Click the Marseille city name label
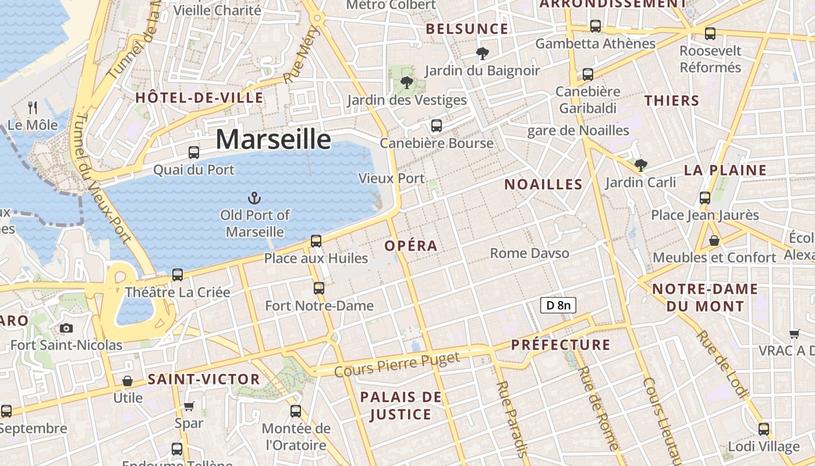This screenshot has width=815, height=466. tap(273, 140)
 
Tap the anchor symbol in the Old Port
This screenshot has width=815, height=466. tap(254, 198)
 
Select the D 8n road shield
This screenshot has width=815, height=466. tap(558, 305)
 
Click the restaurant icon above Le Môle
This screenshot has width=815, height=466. tap(33, 107)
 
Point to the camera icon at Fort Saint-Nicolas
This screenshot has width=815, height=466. tap(66, 328)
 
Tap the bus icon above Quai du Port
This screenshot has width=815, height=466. tap(194, 153)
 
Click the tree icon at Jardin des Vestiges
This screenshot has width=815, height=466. tap(407, 83)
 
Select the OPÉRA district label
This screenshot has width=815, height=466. tap(411, 246)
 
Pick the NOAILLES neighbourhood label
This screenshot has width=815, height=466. tap(543, 185)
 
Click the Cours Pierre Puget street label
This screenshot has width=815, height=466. tap(398, 364)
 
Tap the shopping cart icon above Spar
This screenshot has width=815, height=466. tap(189, 406)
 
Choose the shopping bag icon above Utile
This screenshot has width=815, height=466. tap(127, 381)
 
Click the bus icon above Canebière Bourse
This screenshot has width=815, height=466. tap(437, 125)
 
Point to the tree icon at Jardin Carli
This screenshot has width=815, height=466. tap(640, 165)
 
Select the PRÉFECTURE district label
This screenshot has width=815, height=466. tap(561, 345)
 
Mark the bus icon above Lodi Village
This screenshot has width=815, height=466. tap(764, 429)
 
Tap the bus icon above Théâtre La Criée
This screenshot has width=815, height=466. tap(178, 274)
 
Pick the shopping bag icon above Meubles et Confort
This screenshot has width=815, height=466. tap(714, 240)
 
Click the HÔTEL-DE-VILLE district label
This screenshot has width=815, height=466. tap(199, 98)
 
